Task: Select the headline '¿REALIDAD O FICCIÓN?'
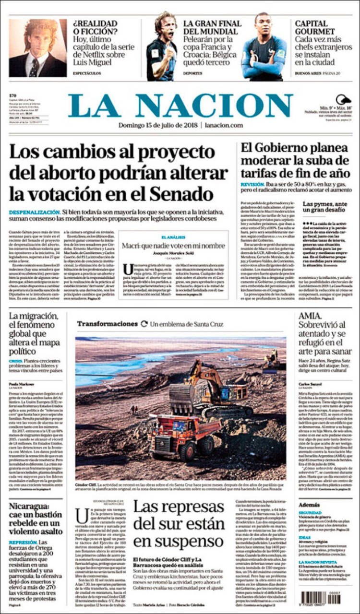pyautogui.click(x=95, y=28)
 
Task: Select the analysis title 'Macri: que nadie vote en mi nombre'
pyautogui.click(x=173, y=246)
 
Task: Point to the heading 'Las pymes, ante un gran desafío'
pyautogui.click(x=324, y=207)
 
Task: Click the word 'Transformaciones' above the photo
pyautogui.click(x=107, y=324)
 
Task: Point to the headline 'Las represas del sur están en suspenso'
pyautogui.click(x=179, y=524)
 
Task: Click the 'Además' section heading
pyautogui.click(x=309, y=505)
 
